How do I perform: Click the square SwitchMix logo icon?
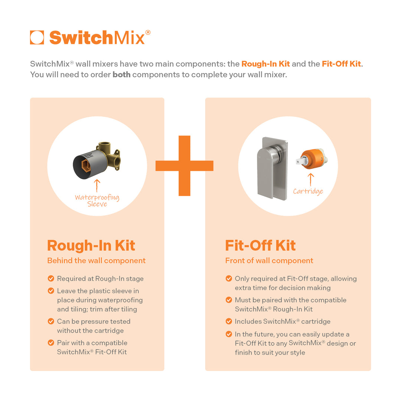pyautogui.click(x=37, y=38)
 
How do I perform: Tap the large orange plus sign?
pyautogui.click(x=185, y=166)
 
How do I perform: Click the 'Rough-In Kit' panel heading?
pyautogui.click(x=91, y=245)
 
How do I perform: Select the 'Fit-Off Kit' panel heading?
pyautogui.click(x=260, y=245)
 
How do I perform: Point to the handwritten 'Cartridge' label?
pyautogui.click(x=308, y=191)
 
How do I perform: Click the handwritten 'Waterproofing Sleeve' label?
pyautogui.click(x=97, y=200)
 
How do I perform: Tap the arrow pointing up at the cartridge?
pyautogui.click(x=310, y=180)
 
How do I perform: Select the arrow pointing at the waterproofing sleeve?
pyautogui.click(x=97, y=186)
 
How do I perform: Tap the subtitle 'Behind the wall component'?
pyautogui.click(x=97, y=261)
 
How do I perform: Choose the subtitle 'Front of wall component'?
pyautogui.click(x=269, y=261)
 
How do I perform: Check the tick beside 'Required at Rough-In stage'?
pyautogui.click(x=51, y=278)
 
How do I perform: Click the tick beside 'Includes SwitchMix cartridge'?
pyautogui.click(x=229, y=321)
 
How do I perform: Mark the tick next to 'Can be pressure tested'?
pyautogui.click(x=51, y=321)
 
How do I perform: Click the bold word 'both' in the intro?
pyautogui.click(x=121, y=74)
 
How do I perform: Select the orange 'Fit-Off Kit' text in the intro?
pyautogui.click(x=341, y=64)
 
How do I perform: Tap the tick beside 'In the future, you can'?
pyautogui.click(x=229, y=334)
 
